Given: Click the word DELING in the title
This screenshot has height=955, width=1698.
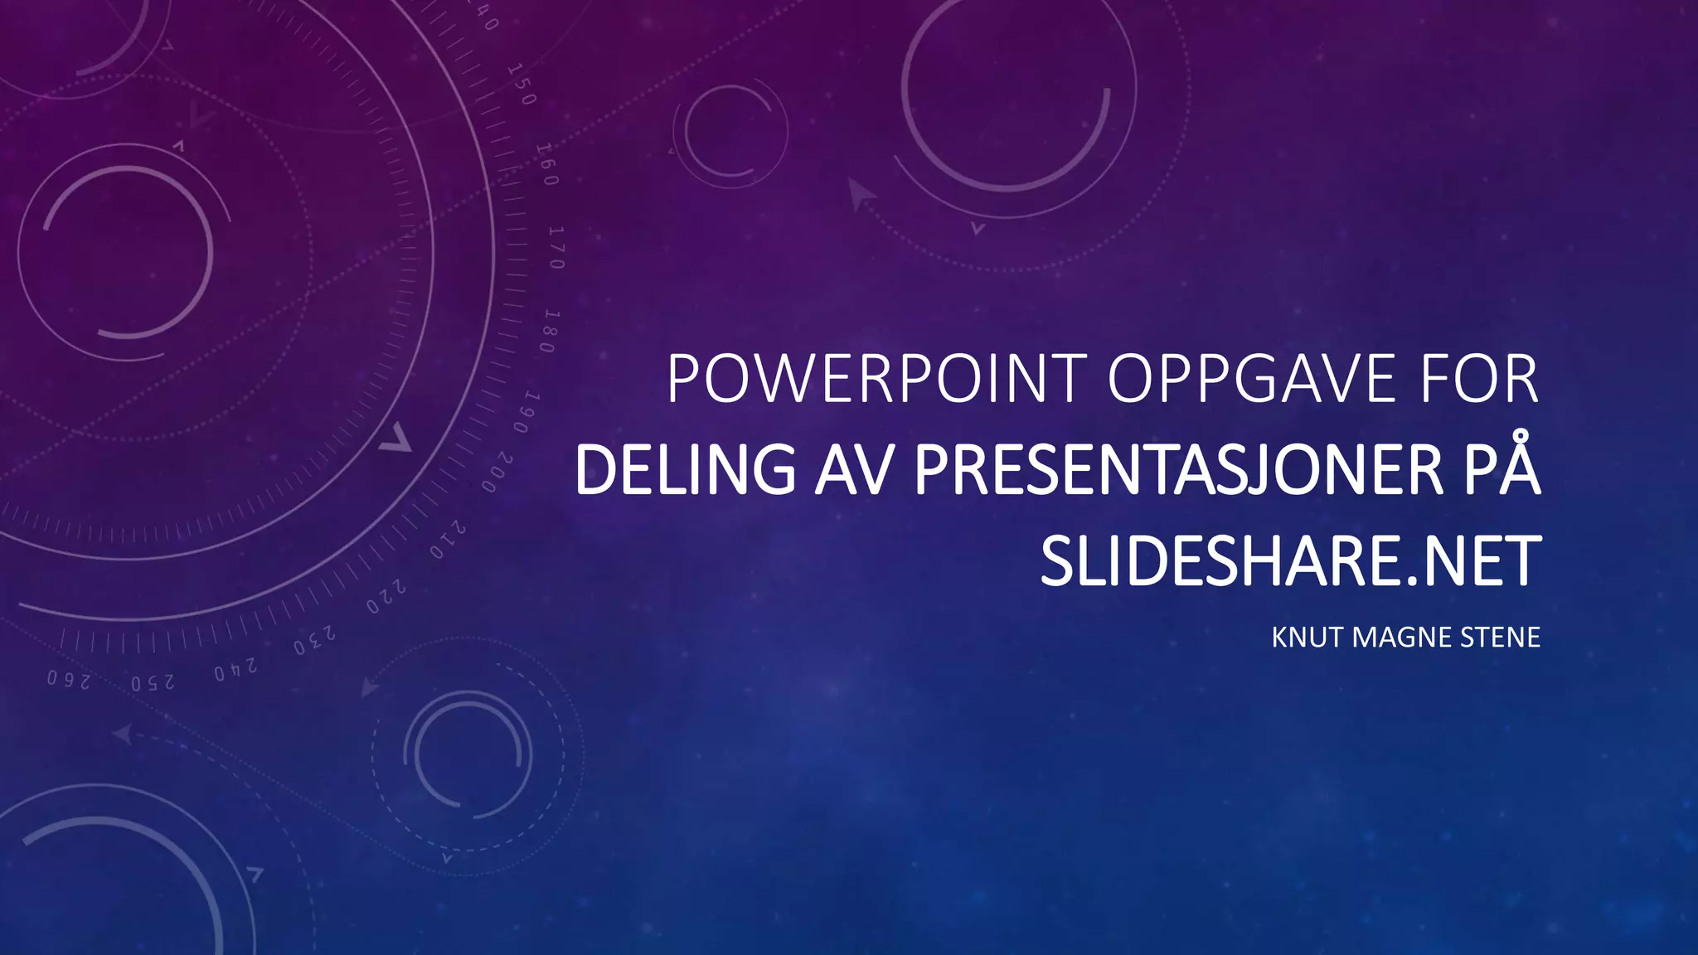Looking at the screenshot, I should [x=685, y=470].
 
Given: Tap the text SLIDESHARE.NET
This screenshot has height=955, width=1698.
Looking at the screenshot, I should [x=1290, y=561].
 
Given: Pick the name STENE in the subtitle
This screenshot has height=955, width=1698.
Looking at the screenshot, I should [x=1500, y=637].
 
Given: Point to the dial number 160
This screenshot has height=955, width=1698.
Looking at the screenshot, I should [x=547, y=164].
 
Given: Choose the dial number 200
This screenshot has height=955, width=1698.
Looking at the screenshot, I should [x=497, y=473].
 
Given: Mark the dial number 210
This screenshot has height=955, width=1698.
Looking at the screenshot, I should [x=448, y=541].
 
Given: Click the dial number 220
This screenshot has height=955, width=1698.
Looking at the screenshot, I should [x=387, y=597].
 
